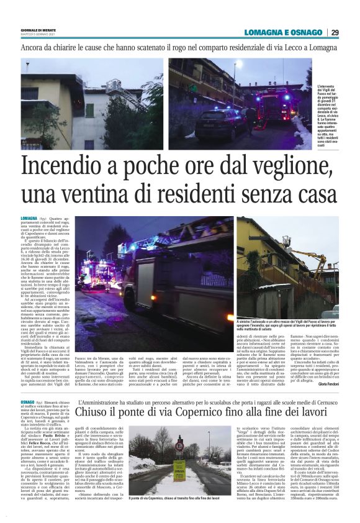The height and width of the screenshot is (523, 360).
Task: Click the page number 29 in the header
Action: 335,32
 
